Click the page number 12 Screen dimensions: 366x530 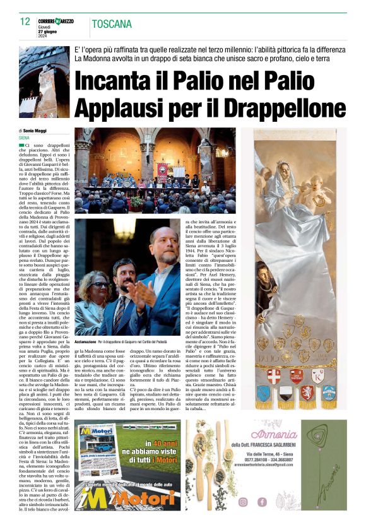(x=25, y=22)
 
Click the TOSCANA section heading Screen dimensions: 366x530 (x=112, y=25)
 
